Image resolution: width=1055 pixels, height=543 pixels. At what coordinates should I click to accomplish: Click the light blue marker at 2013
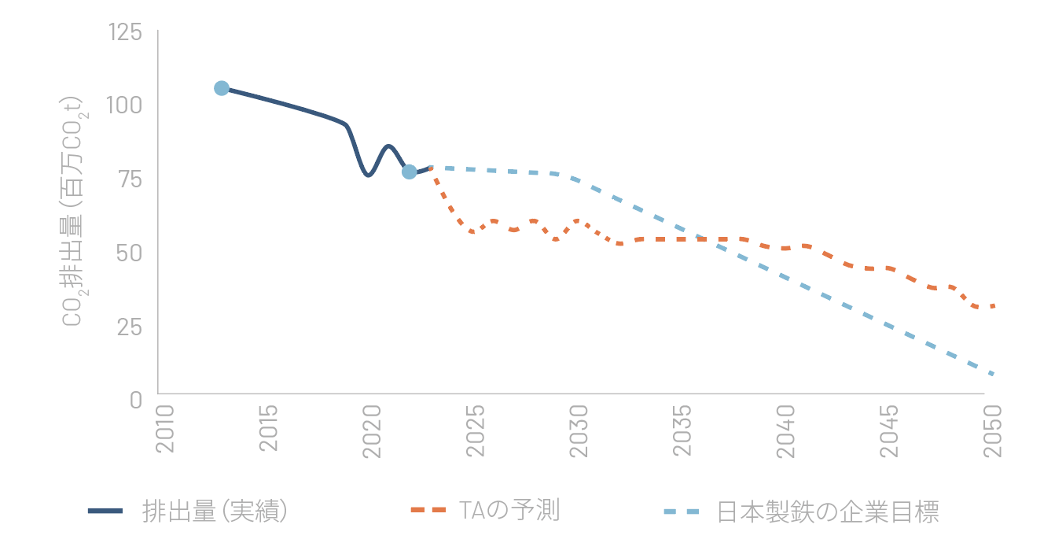(x=222, y=88)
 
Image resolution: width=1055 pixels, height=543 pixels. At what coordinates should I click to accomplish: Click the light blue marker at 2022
(x=410, y=172)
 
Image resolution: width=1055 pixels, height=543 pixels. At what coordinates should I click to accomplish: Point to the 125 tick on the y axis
(x=125, y=32)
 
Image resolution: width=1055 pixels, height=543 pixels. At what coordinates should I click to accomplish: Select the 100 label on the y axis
(x=125, y=105)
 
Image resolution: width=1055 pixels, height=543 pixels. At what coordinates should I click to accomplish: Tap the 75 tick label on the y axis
(x=130, y=179)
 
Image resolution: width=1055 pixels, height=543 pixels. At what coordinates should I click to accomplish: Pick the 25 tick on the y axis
(x=130, y=326)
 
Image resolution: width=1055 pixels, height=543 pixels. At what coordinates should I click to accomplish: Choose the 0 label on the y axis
(x=135, y=399)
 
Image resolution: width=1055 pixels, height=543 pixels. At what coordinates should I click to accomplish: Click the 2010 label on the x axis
(x=165, y=430)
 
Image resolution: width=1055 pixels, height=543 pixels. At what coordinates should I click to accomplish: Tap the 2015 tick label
(x=269, y=430)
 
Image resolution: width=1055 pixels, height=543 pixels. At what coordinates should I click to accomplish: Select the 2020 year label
(x=372, y=430)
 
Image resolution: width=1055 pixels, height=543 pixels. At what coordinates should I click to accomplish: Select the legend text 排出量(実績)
(x=214, y=512)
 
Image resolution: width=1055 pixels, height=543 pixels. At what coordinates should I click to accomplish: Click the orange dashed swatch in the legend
(x=428, y=512)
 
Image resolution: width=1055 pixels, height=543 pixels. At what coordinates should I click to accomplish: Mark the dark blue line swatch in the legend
(x=105, y=512)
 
